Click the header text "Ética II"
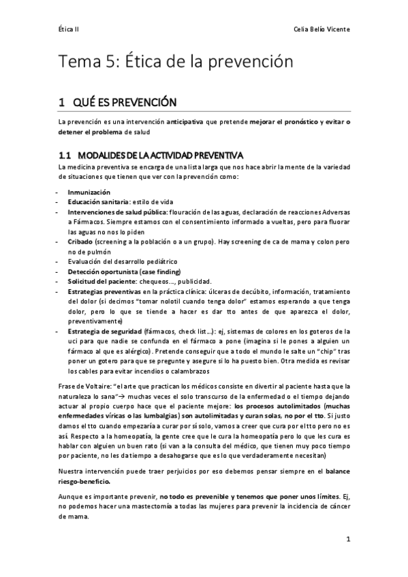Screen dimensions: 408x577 [69, 30]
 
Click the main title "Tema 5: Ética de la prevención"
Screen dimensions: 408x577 [176, 63]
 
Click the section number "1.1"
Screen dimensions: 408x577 [67, 155]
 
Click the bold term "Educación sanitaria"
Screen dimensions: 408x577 [100, 202]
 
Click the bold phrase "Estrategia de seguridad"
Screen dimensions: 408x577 [104, 331]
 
